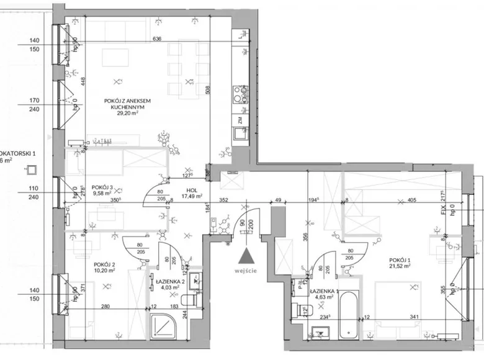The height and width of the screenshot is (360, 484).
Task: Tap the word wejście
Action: click(x=247, y=271)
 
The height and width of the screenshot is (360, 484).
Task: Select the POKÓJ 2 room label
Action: click(x=103, y=263)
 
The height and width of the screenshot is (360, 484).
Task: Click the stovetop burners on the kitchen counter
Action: click(x=238, y=95)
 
